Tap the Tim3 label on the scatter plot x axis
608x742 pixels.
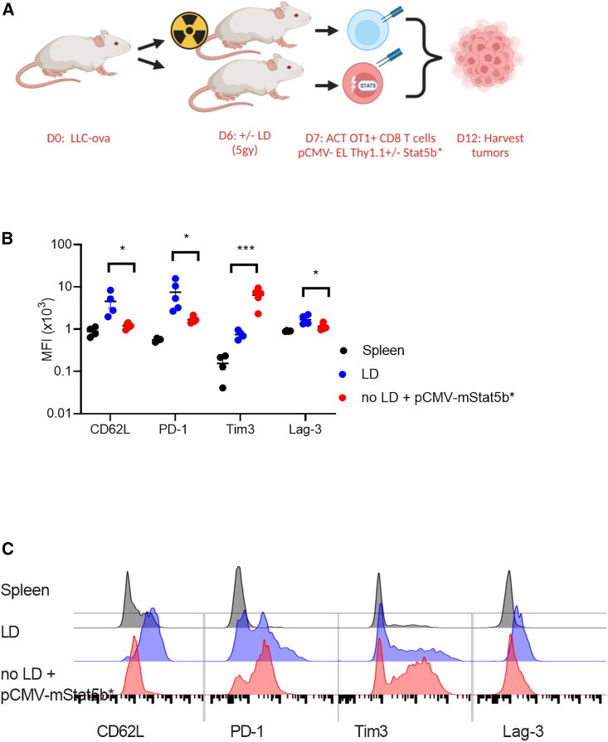[x=244, y=429]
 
